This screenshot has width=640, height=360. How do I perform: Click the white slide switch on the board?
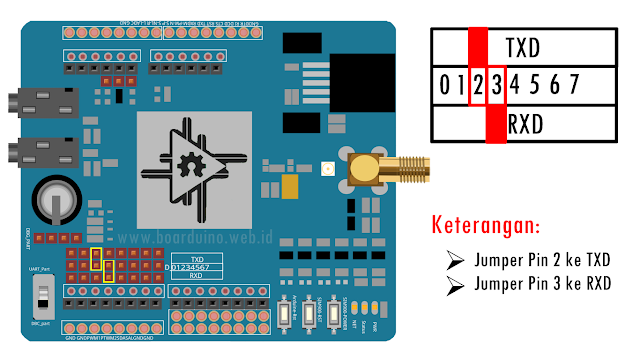tap(41, 296)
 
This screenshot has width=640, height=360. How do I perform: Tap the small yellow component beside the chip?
tap(293, 187)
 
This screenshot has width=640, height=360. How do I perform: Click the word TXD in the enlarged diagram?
tap(523, 48)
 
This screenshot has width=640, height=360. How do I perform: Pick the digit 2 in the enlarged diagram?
tap(479, 86)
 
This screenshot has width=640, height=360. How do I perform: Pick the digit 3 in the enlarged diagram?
tap(496, 86)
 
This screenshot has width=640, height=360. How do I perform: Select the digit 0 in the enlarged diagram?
tap(444, 86)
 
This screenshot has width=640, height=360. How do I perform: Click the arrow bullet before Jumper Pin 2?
tap(456, 261)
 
